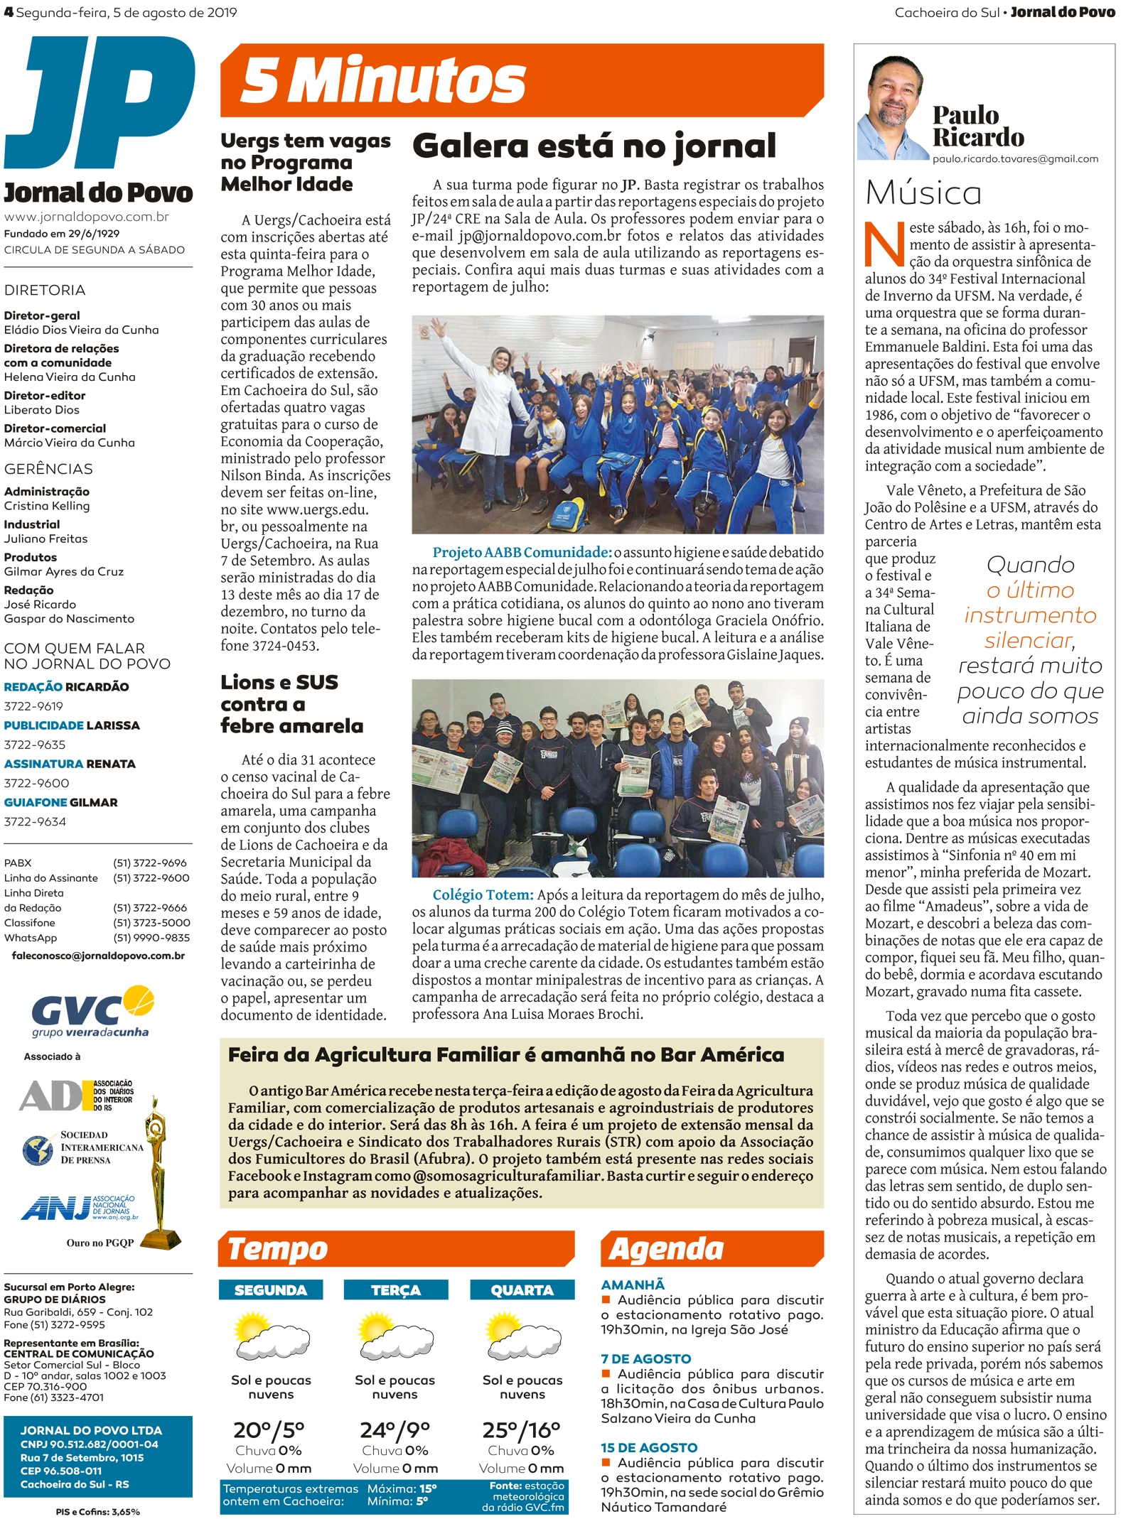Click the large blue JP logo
(x=100, y=103)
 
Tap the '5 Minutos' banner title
(x=383, y=80)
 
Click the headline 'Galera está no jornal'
(x=594, y=146)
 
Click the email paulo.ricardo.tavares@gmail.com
(x=1015, y=159)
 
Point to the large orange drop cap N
(x=884, y=244)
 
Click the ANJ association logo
(x=78, y=1207)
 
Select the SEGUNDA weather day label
(x=270, y=1290)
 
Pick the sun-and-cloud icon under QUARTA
(x=522, y=1334)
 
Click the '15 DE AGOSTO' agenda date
(x=648, y=1447)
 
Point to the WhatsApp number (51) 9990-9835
(x=151, y=938)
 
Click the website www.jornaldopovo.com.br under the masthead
(x=87, y=217)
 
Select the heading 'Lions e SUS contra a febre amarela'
(x=291, y=704)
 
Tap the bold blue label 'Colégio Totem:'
(x=483, y=895)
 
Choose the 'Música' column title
(x=923, y=193)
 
